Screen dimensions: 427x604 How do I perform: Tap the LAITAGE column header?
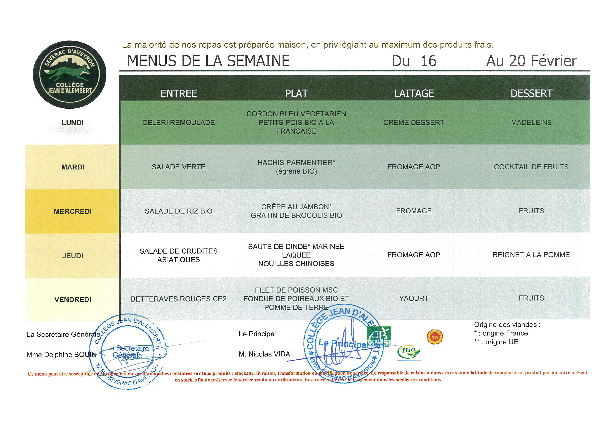pyautogui.click(x=414, y=93)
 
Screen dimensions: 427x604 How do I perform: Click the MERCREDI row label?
pyautogui.click(x=73, y=212)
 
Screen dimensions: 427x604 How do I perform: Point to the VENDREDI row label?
pyautogui.click(x=73, y=299)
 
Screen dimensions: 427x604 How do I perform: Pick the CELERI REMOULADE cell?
pyautogui.click(x=178, y=123)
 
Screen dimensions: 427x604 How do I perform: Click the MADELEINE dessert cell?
pyautogui.click(x=531, y=123)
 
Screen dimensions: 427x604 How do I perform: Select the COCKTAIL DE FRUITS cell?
pyautogui.click(x=531, y=167)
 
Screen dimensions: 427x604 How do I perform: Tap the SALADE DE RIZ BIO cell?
pyautogui.click(x=178, y=211)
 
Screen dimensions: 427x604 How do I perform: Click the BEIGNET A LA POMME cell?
pyautogui.click(x=531, y=255)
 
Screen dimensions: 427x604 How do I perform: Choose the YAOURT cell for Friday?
pyautogui.click(x=414, y=298)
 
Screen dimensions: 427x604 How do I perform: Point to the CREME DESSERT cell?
pyautogui.click(x=414, y=123)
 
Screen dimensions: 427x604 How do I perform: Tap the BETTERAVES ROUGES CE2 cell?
pyautogui.click(x=178, y=299)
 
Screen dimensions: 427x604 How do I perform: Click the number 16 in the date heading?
pyautogui.click(x=429, y=61)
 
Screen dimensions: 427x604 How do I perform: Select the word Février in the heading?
pyautogui.click(x=554, y=61)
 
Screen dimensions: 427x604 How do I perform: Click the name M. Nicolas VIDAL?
pyautogui.click(x=266, y=354)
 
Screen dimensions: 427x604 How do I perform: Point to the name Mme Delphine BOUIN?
pyautogui.click(x=62, y=355)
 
